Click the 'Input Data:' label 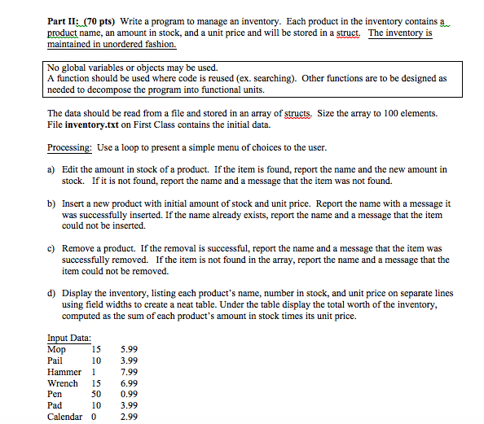(69, 338)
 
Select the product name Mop (57, 349)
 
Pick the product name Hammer (64, 372)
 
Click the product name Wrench (63, 383)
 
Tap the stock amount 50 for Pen (95, 395)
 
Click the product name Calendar (65, 417)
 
